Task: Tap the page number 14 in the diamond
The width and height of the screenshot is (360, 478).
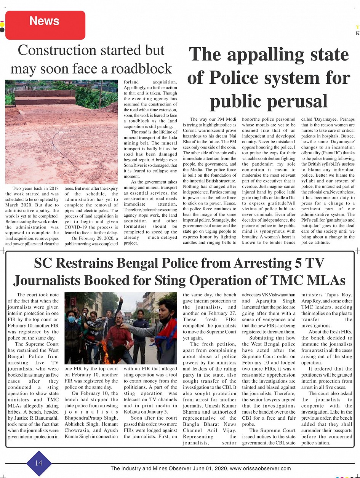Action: tap(39, 463)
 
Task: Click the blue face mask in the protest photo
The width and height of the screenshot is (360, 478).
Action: tap(71, 319)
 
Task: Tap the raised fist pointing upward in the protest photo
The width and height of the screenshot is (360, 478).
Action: tap(121, 299)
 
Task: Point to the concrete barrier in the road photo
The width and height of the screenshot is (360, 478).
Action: tap(45, 97)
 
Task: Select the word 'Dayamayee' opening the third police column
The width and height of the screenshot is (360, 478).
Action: tap(329, 119)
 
